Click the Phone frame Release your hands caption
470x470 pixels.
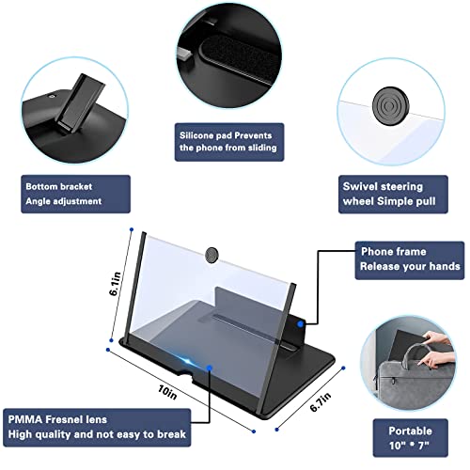point(410,259)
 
